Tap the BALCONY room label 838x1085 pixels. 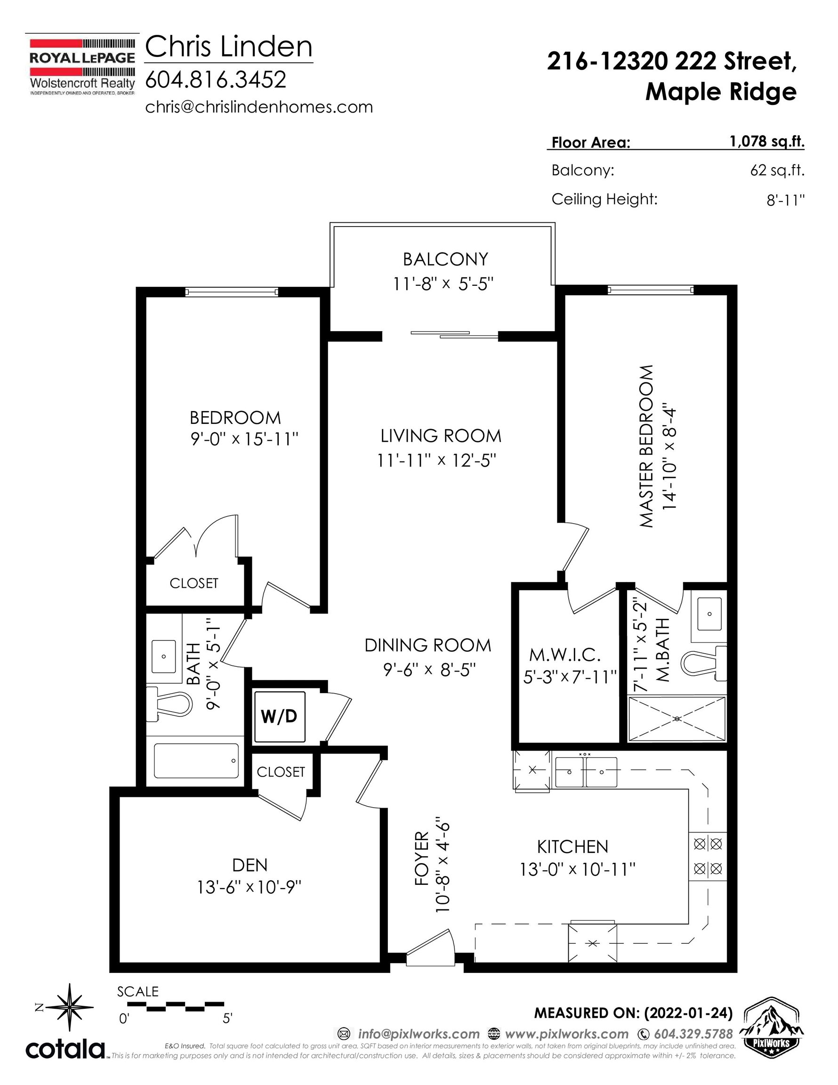[445, 259]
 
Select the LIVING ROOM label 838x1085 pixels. [441, 436]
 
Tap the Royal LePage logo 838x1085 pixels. [82, 65]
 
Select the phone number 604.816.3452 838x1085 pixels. [216, 80]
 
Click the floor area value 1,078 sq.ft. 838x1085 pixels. [767, 142]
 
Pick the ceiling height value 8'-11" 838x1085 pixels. [785, 200]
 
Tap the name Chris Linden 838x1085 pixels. [228, 47]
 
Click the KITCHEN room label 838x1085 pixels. [573, 847]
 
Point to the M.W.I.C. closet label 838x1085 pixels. [565, 655]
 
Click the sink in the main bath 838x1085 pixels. [163, 656]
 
